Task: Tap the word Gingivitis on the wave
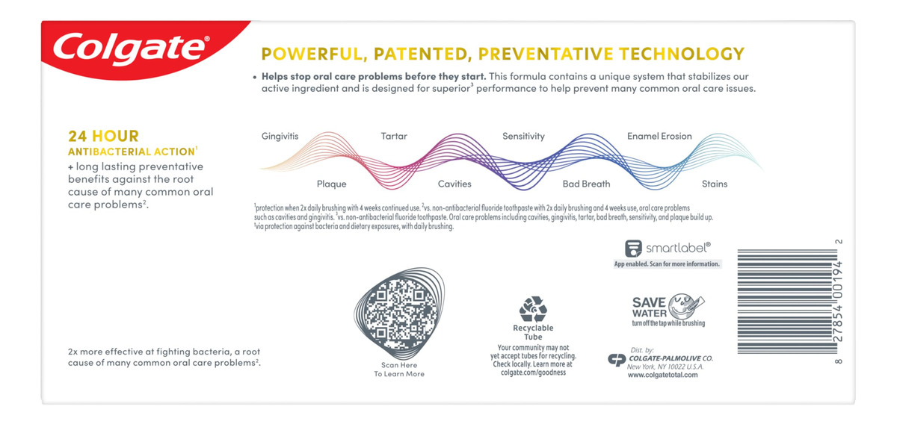click(x=280, y=137)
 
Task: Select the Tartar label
click(x=394, y=136)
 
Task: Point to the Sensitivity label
click(x=523, y=137)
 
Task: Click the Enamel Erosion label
click(x=659, y=136)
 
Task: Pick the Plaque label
click(x=332, y=184)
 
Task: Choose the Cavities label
click(x=454, y=184)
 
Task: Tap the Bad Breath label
click(x=586, y=184)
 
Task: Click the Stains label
click(x=715, y=184)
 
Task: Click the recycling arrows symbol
click(x=533, y=309)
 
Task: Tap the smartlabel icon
click(x=633, y=249)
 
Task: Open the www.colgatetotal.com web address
click(x=662, y=375)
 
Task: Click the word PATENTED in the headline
click(x=422, y=54)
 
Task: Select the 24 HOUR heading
click(x=103, y=136)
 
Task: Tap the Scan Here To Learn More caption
click(x=399, y=370)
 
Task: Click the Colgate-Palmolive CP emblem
click(x=617, y=360)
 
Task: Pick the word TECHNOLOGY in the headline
click(x=682, y=54)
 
